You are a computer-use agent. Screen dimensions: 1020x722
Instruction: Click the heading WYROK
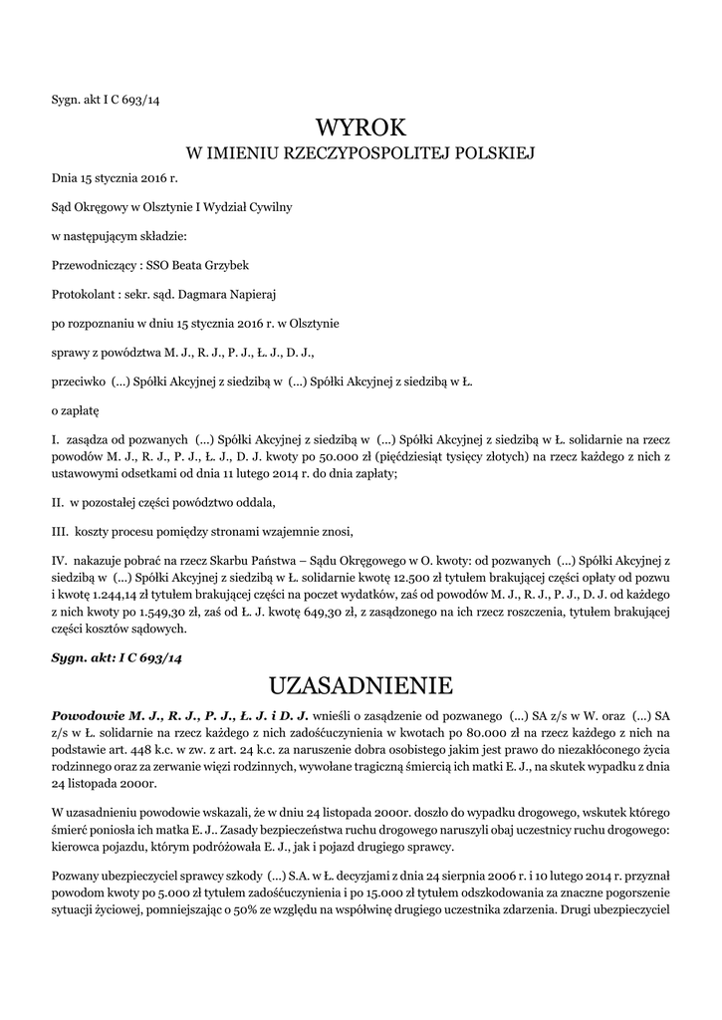[361, 127]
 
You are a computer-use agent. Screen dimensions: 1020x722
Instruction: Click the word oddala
[252, 501]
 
